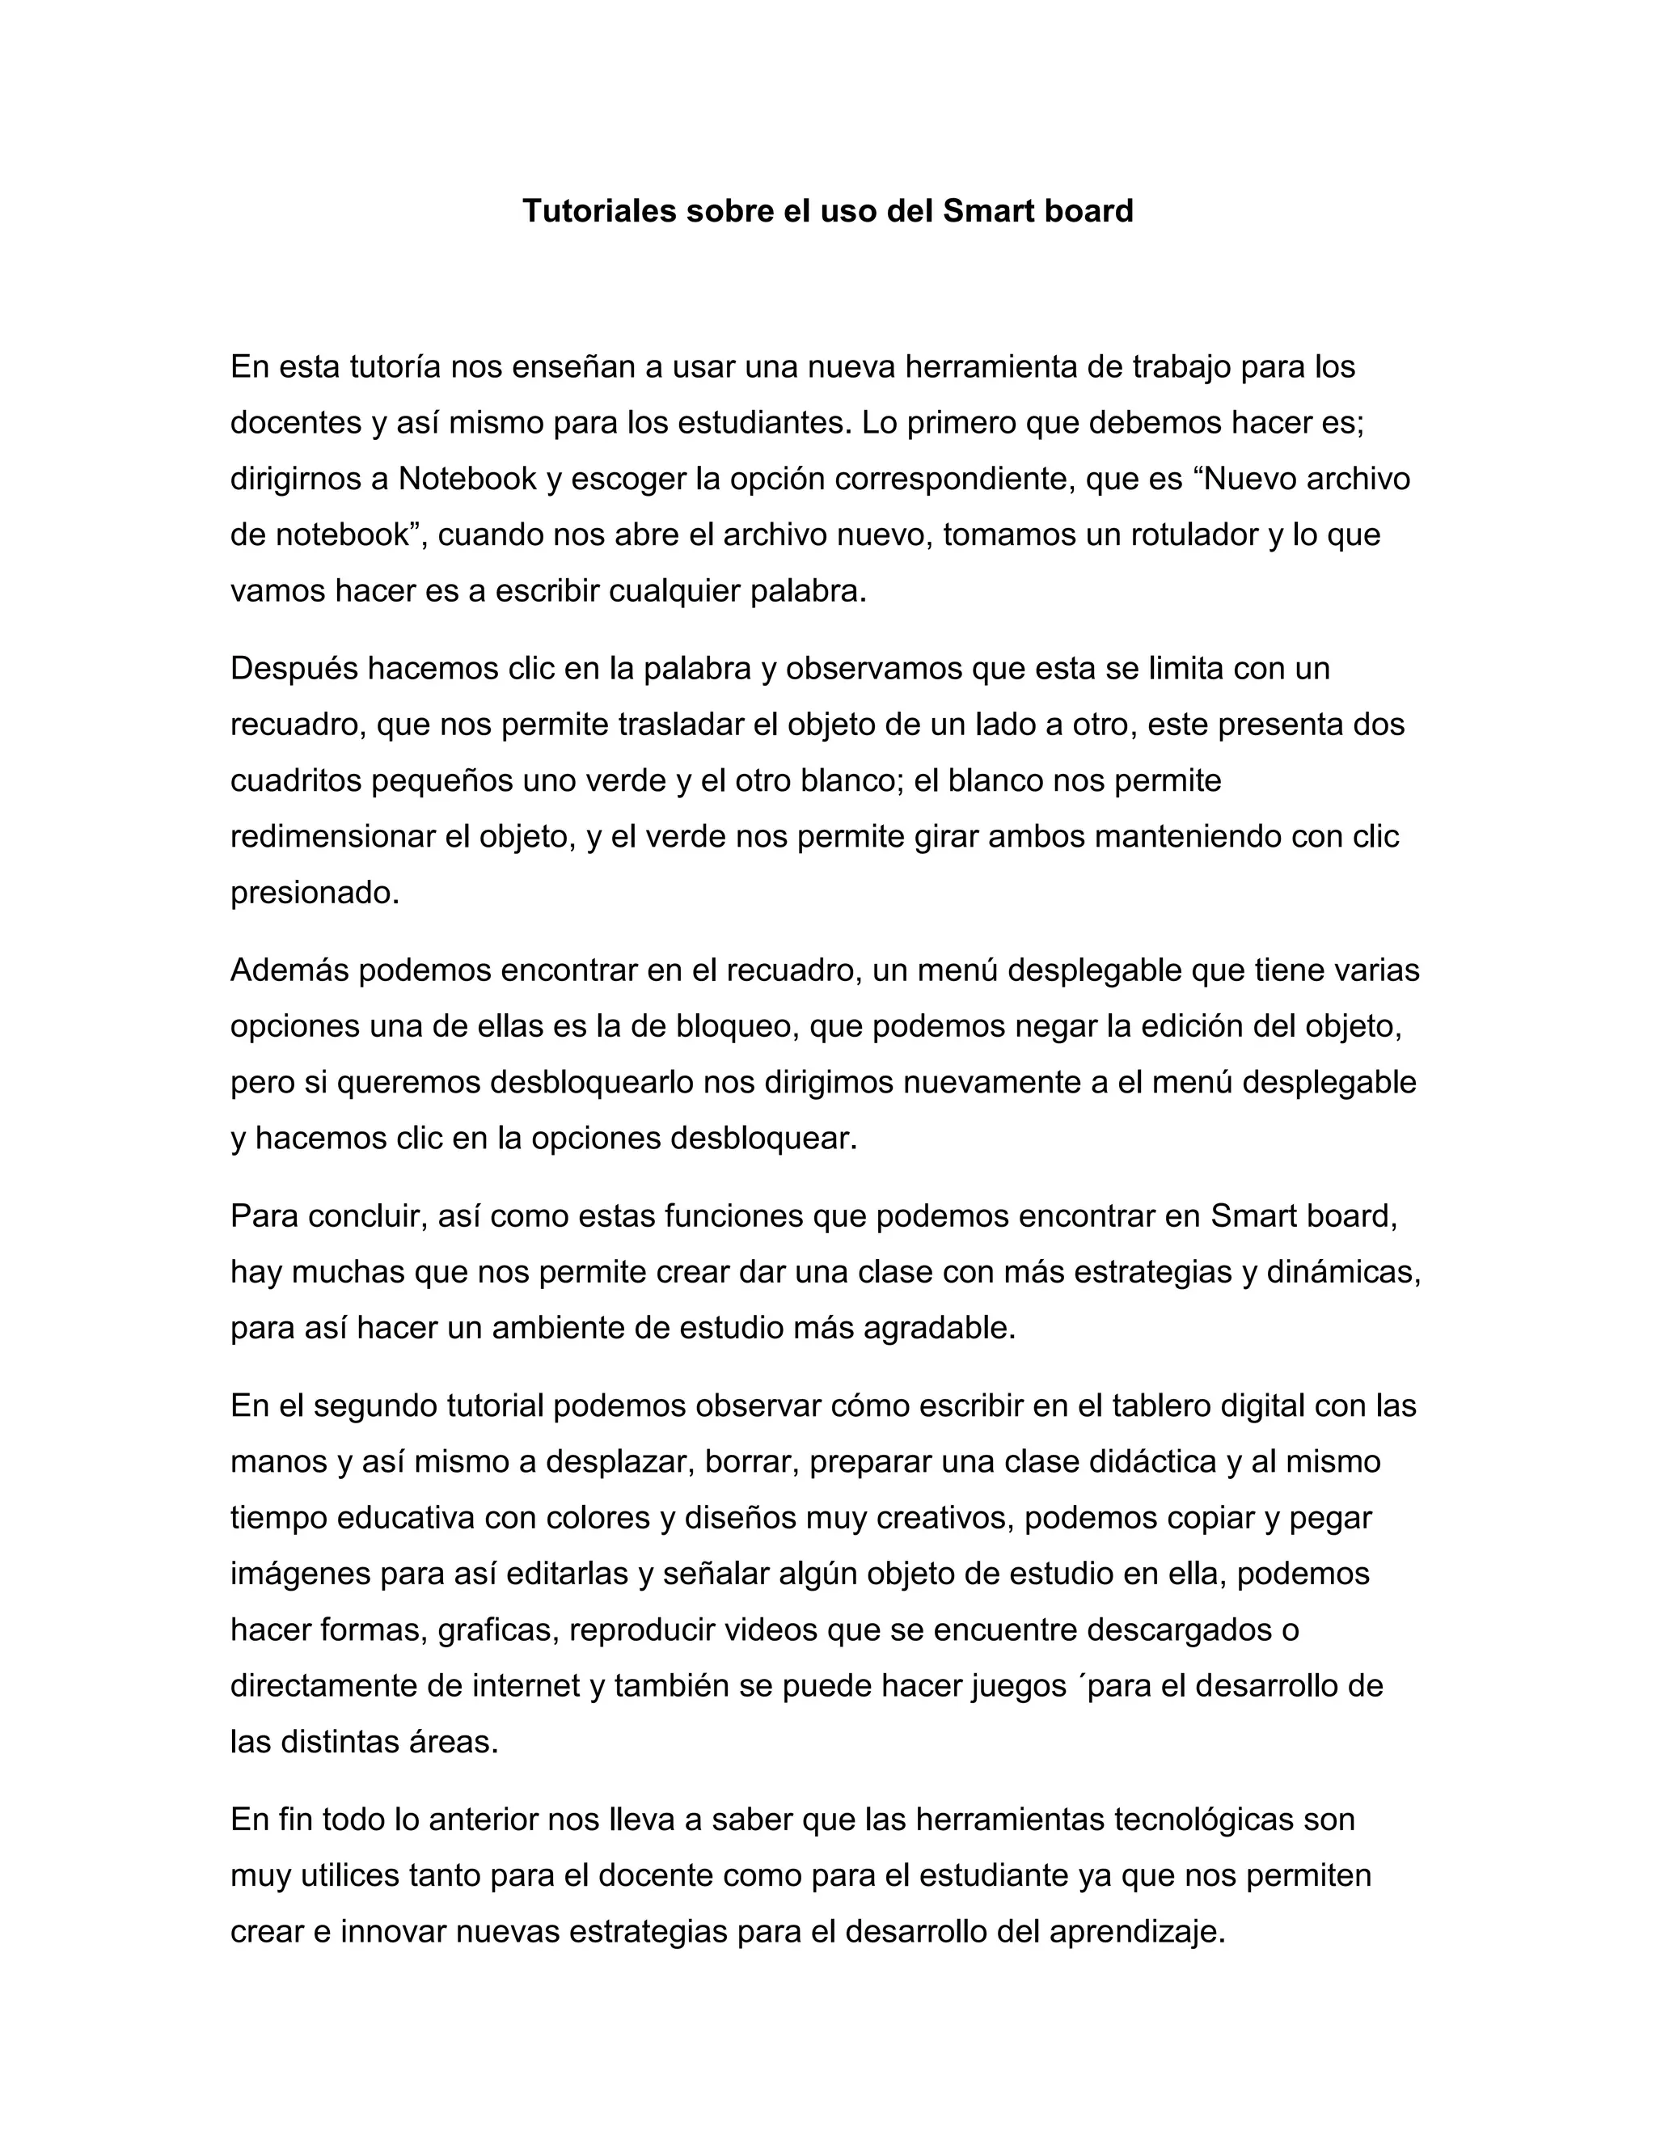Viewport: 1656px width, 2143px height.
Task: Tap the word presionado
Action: click(314, 893)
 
